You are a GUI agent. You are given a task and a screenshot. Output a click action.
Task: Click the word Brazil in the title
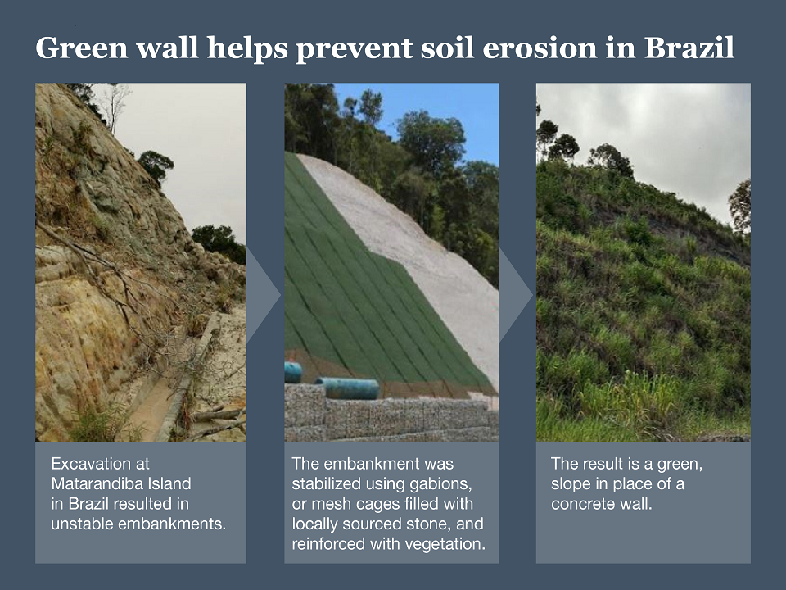click(689, 48)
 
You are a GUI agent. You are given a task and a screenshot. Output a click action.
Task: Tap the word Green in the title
click(82, 48)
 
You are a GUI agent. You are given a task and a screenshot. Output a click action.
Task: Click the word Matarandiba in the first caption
click(92, 483)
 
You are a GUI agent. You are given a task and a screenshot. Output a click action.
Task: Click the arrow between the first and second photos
click(262, 296)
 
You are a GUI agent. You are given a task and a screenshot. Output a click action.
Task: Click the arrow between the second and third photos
click(515, 296)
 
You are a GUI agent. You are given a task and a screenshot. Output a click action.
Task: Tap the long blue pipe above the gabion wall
click(347, 388)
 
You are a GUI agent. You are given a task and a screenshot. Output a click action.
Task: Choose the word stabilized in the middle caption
click(324, 483)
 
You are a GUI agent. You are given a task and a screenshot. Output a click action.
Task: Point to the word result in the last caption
click(599, 464)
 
